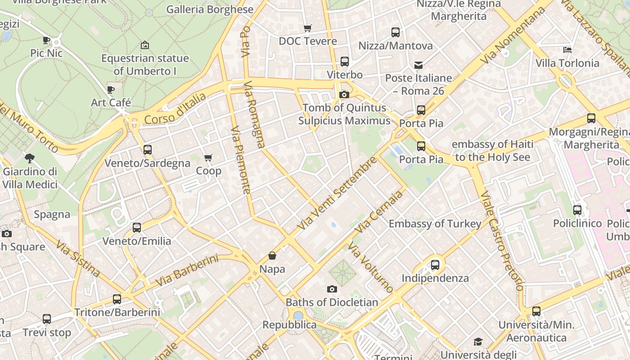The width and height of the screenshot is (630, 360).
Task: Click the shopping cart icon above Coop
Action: pos(208,158)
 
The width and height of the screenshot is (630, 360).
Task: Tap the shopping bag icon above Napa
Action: pos(272,256)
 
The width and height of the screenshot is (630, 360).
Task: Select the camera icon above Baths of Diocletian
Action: pos(332,289)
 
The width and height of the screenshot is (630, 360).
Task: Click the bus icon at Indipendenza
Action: pos(435,265)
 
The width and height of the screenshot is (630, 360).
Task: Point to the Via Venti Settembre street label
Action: pos(337,193)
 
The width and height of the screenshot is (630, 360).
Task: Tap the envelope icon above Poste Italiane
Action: pos(418,65)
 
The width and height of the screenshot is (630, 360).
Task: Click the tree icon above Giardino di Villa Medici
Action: pos(30,158)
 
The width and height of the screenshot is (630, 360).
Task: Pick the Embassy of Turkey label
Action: pos(435,224)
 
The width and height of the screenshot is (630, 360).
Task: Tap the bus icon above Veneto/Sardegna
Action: pos(147,150)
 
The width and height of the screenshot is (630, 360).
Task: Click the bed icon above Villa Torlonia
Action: pos(567,50)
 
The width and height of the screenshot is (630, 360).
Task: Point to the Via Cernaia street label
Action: pos(378,212)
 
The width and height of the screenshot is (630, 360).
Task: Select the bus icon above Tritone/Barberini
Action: pos(117,299)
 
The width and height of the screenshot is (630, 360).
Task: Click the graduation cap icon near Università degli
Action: pos(478,342)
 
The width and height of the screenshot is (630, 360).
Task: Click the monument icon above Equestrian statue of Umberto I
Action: pos(145,45)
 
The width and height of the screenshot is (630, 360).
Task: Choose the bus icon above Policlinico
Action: pos(577,210)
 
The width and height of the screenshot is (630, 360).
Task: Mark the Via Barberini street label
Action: pos(187,270)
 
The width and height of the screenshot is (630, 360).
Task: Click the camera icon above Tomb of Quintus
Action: pos(344,94)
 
